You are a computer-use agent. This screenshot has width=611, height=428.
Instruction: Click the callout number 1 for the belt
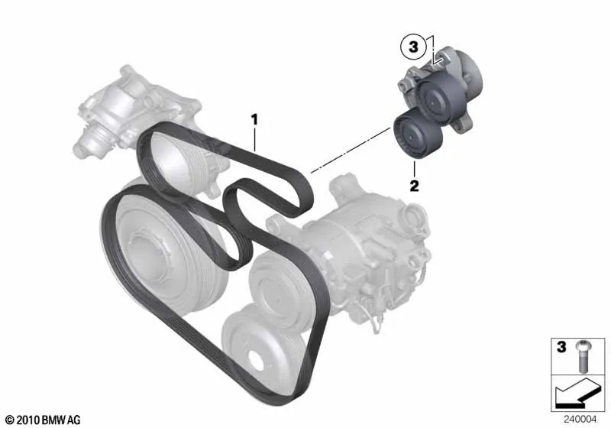coord(254,120)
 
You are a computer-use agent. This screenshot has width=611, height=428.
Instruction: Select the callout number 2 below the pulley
coord(414,186)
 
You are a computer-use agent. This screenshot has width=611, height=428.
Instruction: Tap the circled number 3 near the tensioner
coord(413,47)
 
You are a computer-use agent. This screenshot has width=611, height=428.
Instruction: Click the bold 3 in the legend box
coord(561,346)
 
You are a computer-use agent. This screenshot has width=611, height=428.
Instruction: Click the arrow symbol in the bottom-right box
coord(577,392)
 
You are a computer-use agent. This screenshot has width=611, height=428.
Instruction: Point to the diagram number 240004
coord(580,420)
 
